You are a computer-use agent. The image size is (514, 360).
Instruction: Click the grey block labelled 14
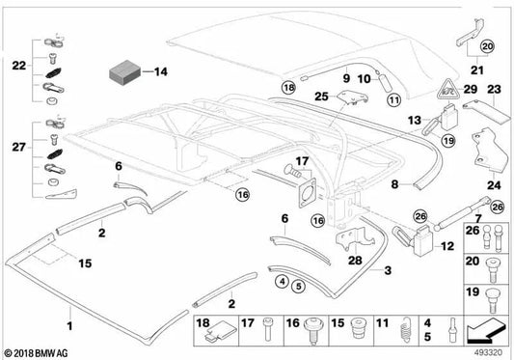click(124, 71)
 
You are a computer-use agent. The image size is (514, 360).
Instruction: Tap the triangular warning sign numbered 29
click(448, 89)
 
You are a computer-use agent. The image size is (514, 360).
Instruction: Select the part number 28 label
click(355, 261)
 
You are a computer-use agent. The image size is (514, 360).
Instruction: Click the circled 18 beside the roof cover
click(288, 88)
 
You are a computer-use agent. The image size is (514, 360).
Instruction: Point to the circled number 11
click(393, 99)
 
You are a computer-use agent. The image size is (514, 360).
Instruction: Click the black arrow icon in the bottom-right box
click(486, 330)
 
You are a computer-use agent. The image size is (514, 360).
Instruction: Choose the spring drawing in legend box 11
click(405, 330)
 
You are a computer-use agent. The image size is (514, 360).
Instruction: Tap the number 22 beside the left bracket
click(19, 66)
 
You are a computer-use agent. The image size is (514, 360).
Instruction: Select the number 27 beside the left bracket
click(18, 147)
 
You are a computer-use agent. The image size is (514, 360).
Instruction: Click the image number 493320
click(488, 353)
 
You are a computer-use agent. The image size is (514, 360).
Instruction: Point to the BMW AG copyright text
click(37, 353)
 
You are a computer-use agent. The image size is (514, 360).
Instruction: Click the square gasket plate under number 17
click(308, 193)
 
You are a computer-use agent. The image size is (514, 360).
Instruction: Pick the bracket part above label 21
click(470, 32)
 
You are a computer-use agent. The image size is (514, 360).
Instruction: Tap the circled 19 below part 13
click(448, 141)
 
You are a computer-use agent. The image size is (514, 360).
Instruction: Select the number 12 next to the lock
click(447, 246)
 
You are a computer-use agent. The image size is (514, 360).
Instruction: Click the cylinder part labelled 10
click(385, 83)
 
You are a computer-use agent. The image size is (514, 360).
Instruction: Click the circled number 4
click(283, 281)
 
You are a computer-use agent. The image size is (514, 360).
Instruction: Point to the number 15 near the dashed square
click(85, 263)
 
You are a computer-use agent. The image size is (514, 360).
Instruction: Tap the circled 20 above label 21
click(488, 46)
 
